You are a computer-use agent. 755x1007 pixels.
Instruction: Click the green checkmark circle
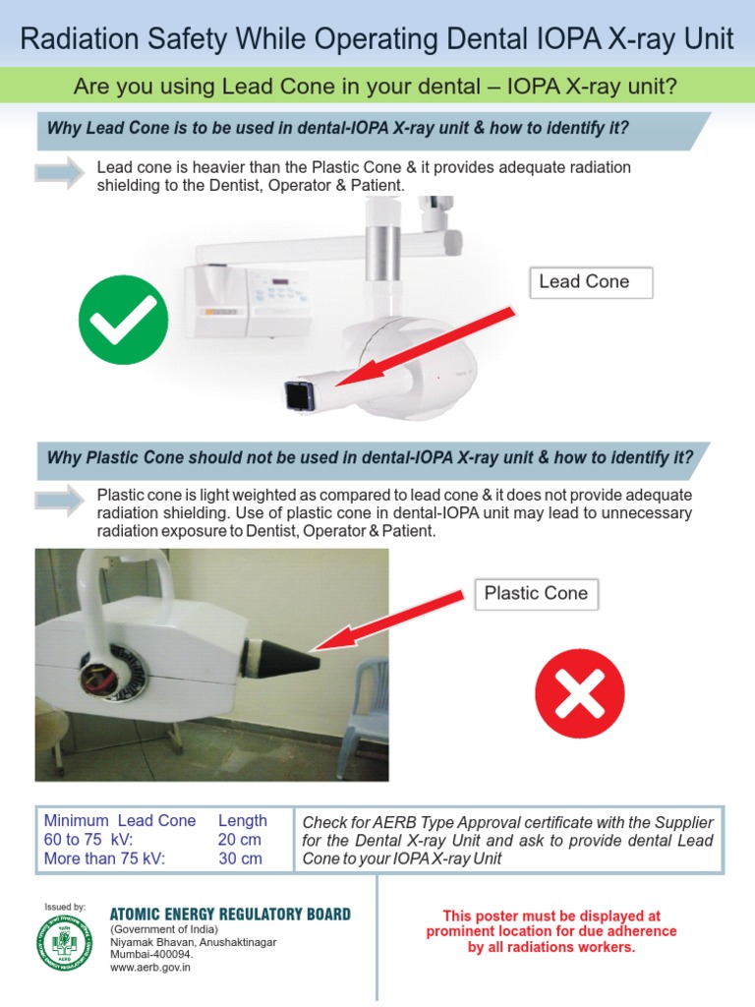124,320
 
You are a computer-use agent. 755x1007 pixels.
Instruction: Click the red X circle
579,696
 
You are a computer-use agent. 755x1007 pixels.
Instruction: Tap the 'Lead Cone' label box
591,282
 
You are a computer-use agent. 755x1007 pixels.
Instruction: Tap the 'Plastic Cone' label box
537,594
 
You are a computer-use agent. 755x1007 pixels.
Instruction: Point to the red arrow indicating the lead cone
423,348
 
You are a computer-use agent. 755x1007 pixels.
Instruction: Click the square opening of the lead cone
297,395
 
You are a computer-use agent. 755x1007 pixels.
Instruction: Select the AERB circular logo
64,942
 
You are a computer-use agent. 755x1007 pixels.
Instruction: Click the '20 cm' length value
240,840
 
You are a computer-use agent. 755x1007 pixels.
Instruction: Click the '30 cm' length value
240,859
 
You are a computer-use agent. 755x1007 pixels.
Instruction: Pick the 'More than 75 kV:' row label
105,859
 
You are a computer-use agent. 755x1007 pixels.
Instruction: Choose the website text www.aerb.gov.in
149,968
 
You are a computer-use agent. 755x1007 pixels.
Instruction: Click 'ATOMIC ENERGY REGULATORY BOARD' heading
229,915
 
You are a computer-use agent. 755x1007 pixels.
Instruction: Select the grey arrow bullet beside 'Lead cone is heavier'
60,174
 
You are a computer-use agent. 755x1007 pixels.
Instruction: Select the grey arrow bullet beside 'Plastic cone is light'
60,500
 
